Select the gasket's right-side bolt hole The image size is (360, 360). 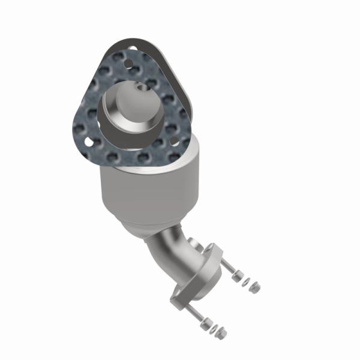click(173, 140)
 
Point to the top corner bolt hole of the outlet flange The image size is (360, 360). click(211, 247)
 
